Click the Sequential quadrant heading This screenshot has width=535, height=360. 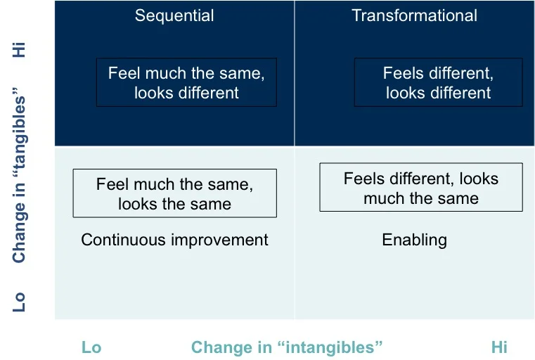[174, 15]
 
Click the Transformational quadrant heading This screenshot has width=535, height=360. [414, 15]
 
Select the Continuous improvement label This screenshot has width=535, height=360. [174, 240]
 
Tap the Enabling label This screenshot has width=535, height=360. [414, 240]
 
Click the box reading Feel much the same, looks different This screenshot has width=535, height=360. [186, 82]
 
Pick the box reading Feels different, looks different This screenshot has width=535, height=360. [438, 82]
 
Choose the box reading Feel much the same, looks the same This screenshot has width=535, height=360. [174, 194]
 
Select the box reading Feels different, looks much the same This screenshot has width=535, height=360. [420, 188]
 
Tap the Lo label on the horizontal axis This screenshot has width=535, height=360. [91, 347]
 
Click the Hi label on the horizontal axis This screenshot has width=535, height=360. [499, 347]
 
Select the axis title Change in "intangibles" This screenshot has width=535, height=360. [287, 347]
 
